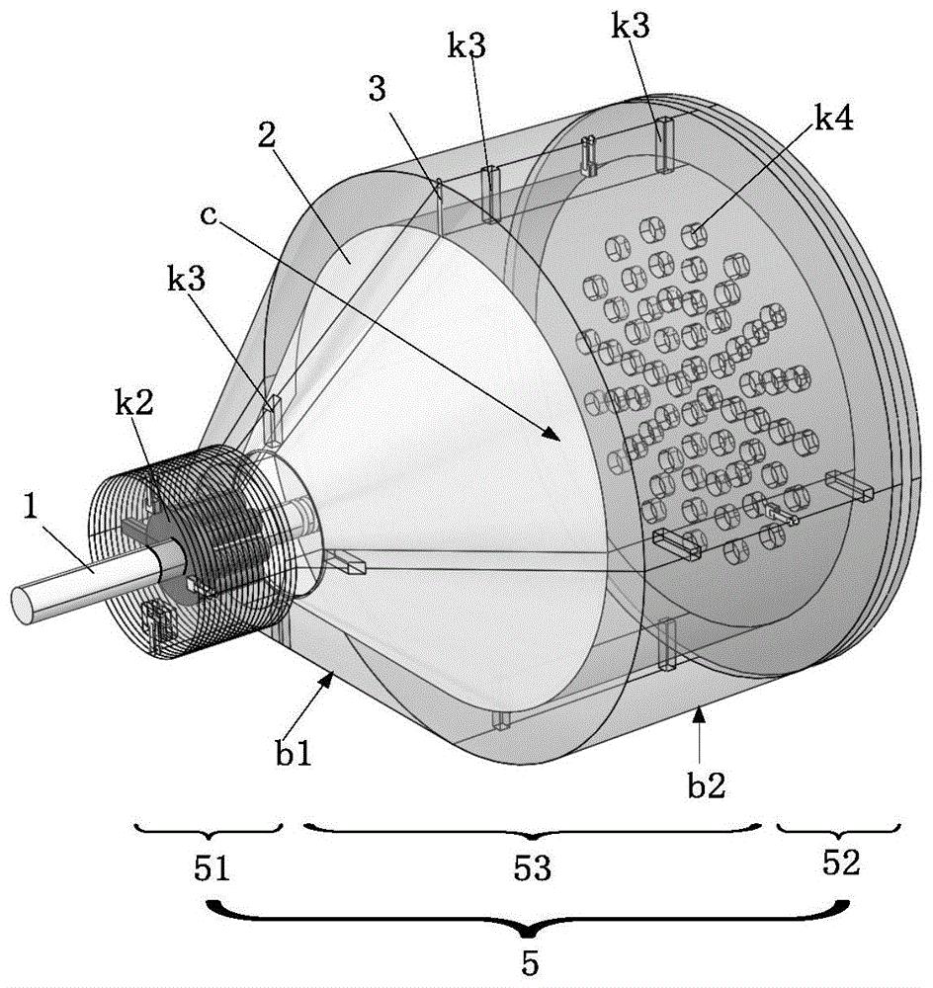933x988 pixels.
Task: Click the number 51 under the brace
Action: click(x=212, y=868)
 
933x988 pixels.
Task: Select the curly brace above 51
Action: click(x=209, y=829)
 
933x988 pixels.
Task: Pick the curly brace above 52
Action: click(x=839, y=829)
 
